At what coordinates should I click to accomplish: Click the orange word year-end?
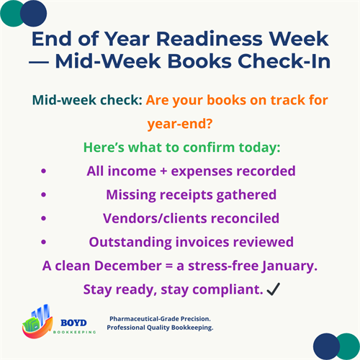(180, 125)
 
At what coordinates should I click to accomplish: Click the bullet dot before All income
(44, 171)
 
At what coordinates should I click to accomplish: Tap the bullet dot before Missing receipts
(44, 194)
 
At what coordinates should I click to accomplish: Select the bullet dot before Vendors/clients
(44, 217)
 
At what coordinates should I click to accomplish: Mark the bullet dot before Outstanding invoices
(44, 241)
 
